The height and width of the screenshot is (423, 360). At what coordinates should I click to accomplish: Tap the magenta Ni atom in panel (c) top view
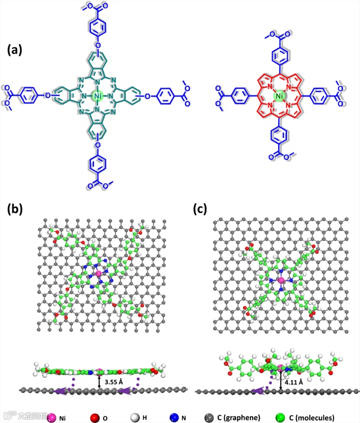(280, 280)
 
